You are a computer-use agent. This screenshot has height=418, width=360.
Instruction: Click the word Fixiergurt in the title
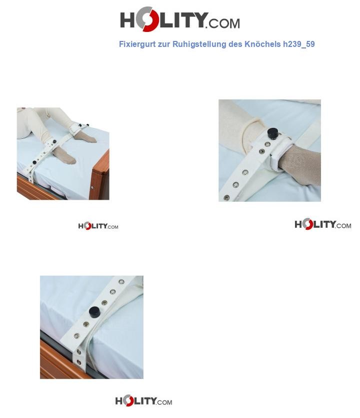point(137,44)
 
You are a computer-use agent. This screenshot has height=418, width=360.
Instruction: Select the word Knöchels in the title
point(262,44)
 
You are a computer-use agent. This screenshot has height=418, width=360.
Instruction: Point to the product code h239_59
point(299,44)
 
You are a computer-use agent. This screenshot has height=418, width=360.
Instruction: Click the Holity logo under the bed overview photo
point(98,226)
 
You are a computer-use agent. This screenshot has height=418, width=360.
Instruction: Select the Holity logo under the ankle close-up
point(322,224)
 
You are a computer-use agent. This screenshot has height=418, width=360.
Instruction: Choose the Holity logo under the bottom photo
point(143,401)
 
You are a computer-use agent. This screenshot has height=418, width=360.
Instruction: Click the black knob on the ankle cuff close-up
point(272,133)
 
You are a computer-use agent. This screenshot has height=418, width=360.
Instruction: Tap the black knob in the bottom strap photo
point(95,313)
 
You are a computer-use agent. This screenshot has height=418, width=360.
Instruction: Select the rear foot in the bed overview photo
point(87,136)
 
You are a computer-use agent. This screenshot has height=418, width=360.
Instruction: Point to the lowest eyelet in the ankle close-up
point(226,198)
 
